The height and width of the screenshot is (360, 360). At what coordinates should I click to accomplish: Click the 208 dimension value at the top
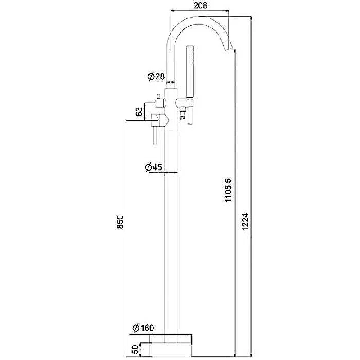(200, 5)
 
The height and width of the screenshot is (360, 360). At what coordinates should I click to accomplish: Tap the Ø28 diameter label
(156, 76)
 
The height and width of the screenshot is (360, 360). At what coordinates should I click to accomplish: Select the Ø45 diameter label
(153, 167)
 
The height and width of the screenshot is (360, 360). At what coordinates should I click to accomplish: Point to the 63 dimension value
(139, 111)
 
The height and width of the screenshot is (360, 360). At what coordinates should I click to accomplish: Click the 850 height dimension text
(120, 222)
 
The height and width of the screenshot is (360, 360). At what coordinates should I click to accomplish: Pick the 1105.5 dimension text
(229, 190)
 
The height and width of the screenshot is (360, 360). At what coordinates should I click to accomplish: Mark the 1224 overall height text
(245, 221)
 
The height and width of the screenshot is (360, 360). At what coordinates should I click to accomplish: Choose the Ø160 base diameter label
(143, 328)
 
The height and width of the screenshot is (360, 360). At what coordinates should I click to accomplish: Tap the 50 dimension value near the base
(136, 349)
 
